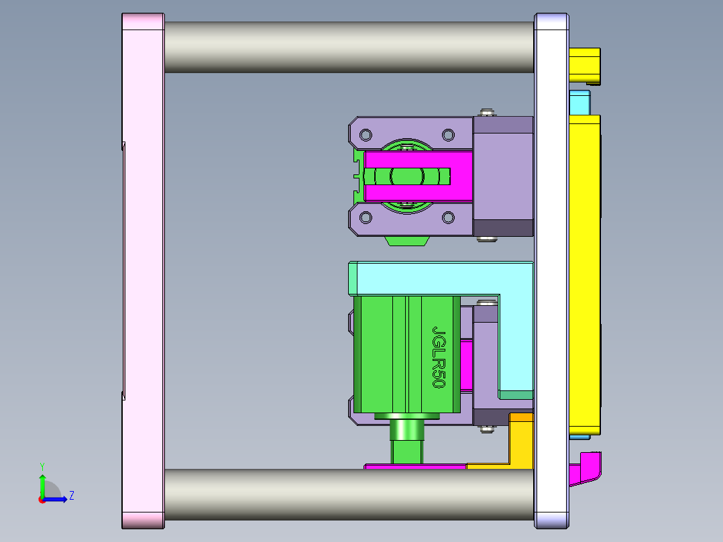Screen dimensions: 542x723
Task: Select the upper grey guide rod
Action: (x=349, y=47)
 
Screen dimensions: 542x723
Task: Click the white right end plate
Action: (x=551, y=268)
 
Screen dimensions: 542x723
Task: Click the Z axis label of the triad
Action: (x=72, y=496)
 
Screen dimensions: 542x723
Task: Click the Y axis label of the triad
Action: (x=42, y=466)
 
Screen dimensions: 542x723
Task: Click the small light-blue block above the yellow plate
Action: (x=579, y=103)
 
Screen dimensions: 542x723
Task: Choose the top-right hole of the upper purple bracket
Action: (x=447, y=133)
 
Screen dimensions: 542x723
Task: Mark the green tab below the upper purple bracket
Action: (x=407, y=241)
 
